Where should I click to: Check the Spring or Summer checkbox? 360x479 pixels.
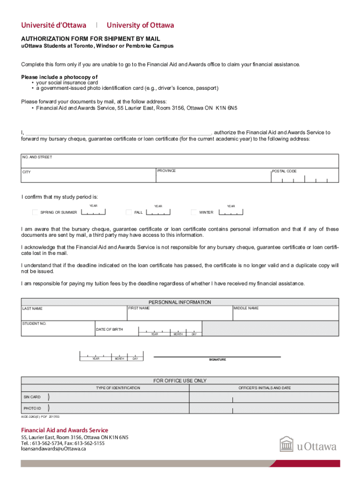(x=35, y=212)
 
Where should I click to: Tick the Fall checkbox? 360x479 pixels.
(x=130, y=212)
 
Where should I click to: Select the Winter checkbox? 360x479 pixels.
(x=194, y=212)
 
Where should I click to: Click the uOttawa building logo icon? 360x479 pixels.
(x=287, y=445)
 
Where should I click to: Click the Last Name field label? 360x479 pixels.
(x=32, y=309)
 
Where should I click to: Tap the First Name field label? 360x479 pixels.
(x=139, y=308)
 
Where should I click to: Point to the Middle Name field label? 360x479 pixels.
(x=246, y=308)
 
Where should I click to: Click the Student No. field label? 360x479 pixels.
(x=34, y=324)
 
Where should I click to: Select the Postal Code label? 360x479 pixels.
(x=285, y=171)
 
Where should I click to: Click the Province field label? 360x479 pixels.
(x=166, y=171)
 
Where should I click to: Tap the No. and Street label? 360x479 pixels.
(x=37, y=157)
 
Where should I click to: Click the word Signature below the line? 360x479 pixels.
(x=217, y=359)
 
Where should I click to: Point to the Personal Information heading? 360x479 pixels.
(x=180, y=302)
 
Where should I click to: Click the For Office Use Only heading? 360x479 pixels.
(x=180, y=381)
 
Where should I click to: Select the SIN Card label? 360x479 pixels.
(x=32, y=397)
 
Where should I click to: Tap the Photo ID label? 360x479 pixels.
(x=32, y=409)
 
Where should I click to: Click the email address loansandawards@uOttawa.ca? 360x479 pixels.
(x=53, y=449)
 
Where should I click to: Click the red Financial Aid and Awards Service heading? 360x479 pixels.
(x=65, y=430)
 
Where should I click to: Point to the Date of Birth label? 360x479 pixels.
(x=109, y=330)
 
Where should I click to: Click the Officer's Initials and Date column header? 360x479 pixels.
(x=265, y=388)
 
